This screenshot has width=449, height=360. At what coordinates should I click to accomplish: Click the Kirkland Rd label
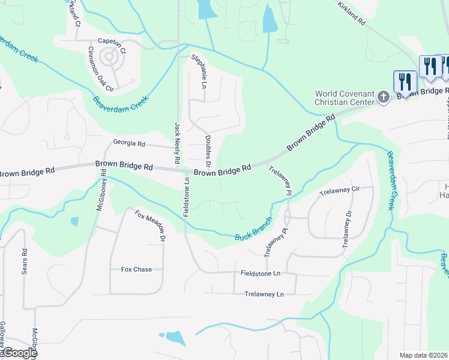(352, 12)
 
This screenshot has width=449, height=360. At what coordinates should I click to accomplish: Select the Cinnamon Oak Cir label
(101, 70)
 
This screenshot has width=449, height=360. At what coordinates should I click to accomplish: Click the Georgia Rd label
(129, 144)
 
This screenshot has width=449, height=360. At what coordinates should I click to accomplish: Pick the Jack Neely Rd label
(178, 143)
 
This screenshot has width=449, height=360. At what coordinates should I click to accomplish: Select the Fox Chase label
(136, 269)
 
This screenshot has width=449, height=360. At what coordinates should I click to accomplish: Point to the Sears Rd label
(25, 261)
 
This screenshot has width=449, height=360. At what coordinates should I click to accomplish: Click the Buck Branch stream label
(253, 229)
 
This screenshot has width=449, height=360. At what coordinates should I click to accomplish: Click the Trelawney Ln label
(264, 294)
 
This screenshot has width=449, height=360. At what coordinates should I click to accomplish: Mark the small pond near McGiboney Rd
(74, 221)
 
